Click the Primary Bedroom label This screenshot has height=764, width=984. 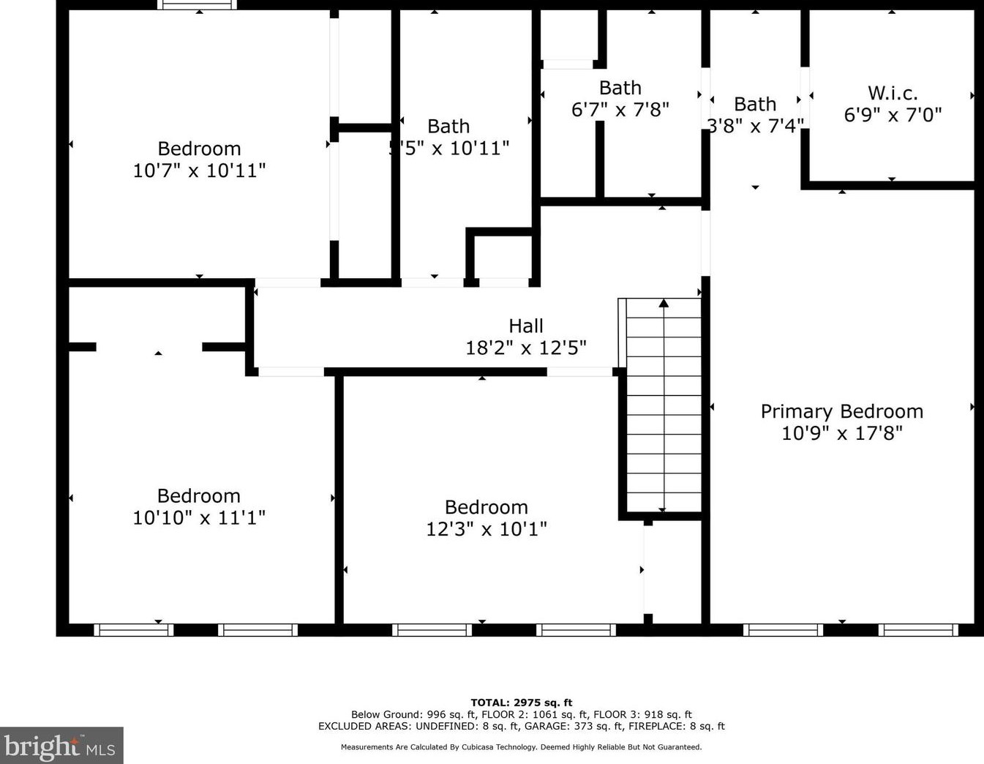coord(842,412)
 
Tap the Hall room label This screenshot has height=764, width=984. coord(526,326)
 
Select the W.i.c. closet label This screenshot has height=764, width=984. coord(893,93)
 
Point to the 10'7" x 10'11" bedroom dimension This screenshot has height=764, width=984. coord(199,171)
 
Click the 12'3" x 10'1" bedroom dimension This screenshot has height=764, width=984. coord(487,529)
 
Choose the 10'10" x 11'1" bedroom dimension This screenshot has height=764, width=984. coord(199,517)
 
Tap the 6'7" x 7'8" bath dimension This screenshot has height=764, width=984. coord(620,110)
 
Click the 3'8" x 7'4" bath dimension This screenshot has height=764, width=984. coord(755,126)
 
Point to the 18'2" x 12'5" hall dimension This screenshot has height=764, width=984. coord(526,348)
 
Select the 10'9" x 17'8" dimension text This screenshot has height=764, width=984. coord(842,433)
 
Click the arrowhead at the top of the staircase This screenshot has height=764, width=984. coord(664,303)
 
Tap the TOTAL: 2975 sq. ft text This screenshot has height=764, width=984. coord(521,703)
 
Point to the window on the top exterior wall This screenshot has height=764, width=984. coord(197,4)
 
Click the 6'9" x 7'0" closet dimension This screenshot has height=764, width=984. coord(893,115)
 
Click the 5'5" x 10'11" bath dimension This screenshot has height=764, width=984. coord(448,148)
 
